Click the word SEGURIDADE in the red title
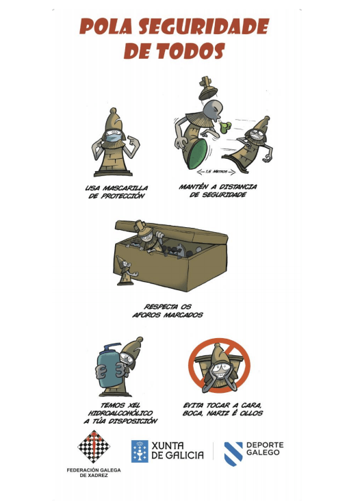204,26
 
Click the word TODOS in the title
190,51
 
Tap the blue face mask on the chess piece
114,138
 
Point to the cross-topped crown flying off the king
207,88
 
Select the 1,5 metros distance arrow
216,172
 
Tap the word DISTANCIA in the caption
238,187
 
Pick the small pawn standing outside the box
126,270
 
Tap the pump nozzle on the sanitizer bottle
111,346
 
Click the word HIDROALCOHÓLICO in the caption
120,413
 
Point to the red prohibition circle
219,366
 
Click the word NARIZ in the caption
218,413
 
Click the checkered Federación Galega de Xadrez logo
94,447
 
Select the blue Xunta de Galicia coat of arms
140,451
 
